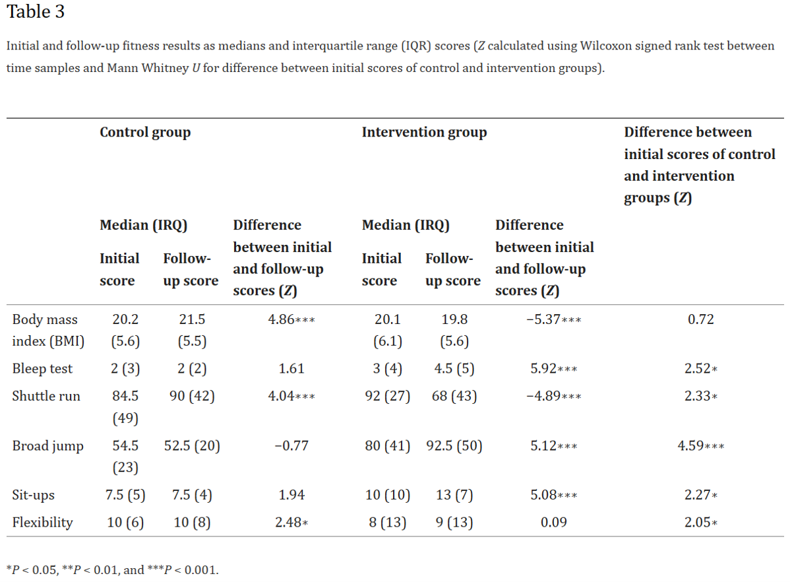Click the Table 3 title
[35, 12]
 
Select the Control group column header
[145, 133]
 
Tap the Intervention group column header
[424, 133]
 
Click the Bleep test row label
[42, 369]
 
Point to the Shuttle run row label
[46, 396]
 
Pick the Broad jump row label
[48, 446]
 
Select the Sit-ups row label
[33, 496]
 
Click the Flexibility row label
[42, 523]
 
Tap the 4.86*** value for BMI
[291, 319]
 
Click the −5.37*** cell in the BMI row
[554, 319]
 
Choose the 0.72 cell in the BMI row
[701, 319]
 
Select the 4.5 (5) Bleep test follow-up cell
[454, 369]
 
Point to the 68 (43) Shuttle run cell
[454, 396]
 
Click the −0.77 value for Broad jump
[291, 446]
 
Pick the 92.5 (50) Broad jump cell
[454, 446]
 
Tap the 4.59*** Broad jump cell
[701, 446]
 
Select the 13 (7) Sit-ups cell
[454, 495]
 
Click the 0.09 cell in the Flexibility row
[554, 522]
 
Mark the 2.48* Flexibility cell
[291, 522]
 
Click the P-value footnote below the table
[112, 570]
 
